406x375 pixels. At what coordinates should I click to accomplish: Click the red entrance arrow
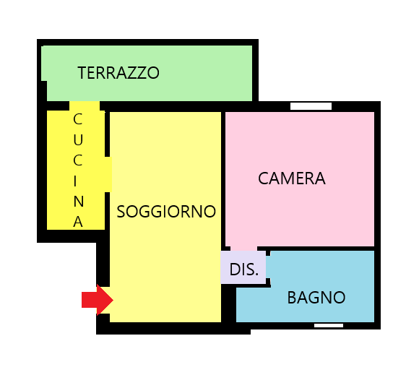[98, 300]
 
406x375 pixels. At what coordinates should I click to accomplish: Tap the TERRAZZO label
[118, 73]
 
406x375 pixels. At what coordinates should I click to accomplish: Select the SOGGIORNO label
[166, 212]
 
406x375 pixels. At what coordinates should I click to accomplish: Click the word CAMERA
[292, 178]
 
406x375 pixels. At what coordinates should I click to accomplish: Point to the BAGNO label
[316, 297]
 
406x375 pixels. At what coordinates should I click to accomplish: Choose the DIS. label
[244, 270]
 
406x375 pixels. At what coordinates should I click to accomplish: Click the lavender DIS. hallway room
[243, 267]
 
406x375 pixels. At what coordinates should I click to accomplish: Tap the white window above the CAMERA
[311, 106]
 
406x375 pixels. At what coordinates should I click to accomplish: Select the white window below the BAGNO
[329, 326]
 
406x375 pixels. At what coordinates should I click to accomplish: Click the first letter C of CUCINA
[78, 119]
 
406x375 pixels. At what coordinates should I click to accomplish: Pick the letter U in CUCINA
[78, 140]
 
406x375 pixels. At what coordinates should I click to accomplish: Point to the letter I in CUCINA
[75, 181]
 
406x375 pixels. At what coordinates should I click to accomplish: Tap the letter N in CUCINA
[79, 201]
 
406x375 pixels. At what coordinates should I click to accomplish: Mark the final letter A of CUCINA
[78, 222]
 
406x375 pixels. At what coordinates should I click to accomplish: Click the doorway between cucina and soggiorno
[108, 174]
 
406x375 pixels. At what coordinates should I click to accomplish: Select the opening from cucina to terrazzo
[85, 106]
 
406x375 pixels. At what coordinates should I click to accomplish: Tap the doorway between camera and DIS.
[243, 249]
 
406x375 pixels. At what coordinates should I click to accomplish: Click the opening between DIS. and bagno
[268, 267]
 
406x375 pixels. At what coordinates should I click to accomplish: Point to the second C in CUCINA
[78, 160]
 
